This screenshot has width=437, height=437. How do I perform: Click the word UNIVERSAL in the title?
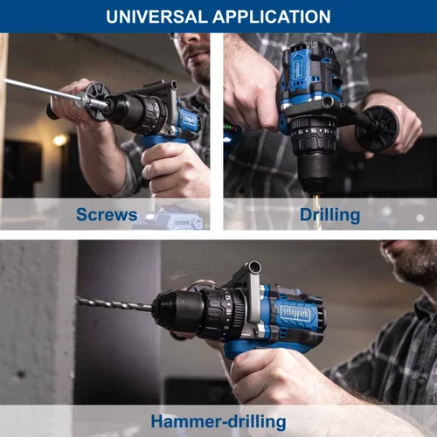[x=156, y=17]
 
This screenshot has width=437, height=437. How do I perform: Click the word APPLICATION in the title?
[x=272, y=17]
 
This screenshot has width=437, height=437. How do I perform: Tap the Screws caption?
[x=107, y=215]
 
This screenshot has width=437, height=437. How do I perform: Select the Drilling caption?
[x=330, y=216]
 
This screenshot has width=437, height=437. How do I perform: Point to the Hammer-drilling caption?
[x=218, y=422]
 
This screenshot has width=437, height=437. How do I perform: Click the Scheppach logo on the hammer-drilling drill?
[x=295, y=314]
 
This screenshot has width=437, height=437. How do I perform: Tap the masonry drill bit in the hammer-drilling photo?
[x=114, y=303]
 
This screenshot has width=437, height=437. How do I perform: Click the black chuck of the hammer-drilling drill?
[x=178, y=311]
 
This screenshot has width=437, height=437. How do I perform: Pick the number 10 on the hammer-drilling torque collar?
[x=229, y=312]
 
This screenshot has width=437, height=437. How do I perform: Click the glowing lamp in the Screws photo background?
[x=60, y=141]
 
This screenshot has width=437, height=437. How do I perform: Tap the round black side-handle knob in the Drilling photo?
[x=377, y=128]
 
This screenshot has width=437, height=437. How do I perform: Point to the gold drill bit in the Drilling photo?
[x=316, y=212]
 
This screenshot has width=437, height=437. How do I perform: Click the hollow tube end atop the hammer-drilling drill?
[x=253, y=267]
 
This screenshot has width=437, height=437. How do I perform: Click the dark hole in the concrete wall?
[x=21, y=374]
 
